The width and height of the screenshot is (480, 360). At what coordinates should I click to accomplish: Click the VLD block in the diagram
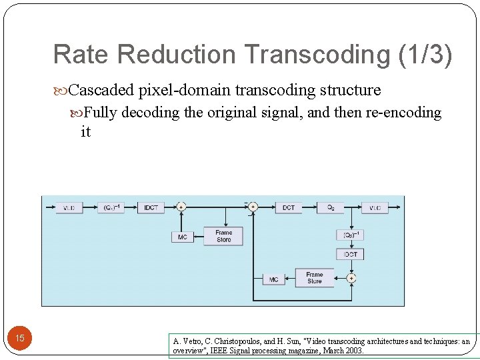pos(69,208)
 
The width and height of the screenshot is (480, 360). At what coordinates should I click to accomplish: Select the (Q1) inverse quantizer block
pos(111,208)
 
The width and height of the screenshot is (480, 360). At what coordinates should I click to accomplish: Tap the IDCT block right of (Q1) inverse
pos(151,208)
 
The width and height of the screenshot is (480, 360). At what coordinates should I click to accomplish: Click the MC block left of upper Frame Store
pos(183,237)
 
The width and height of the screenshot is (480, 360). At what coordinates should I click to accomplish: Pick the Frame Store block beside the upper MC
pos(224,236)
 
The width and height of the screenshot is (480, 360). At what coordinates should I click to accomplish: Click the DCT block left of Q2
pos(288,208)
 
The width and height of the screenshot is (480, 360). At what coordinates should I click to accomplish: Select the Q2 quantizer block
pos(329,208)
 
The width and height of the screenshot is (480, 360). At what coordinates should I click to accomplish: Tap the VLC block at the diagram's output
pos(375,208)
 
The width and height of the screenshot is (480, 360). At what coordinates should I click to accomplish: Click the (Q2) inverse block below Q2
pos(351,235)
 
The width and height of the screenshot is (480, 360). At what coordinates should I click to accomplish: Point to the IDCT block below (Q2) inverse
pos(351,254)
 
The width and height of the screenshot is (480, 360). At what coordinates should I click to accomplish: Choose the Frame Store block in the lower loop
pos(314,277)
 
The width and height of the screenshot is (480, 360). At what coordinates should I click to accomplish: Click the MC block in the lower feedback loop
pos(274,279)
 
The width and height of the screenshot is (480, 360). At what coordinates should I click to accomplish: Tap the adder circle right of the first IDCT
pos(181,208)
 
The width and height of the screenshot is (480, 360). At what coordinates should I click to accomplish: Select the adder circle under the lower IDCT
pos(351,277)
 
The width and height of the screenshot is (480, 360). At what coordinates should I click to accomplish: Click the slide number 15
pos(20,339)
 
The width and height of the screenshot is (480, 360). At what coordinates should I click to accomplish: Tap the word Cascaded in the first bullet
pos(101,90)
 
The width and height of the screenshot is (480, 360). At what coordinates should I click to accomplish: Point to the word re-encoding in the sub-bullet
pos(403,113)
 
